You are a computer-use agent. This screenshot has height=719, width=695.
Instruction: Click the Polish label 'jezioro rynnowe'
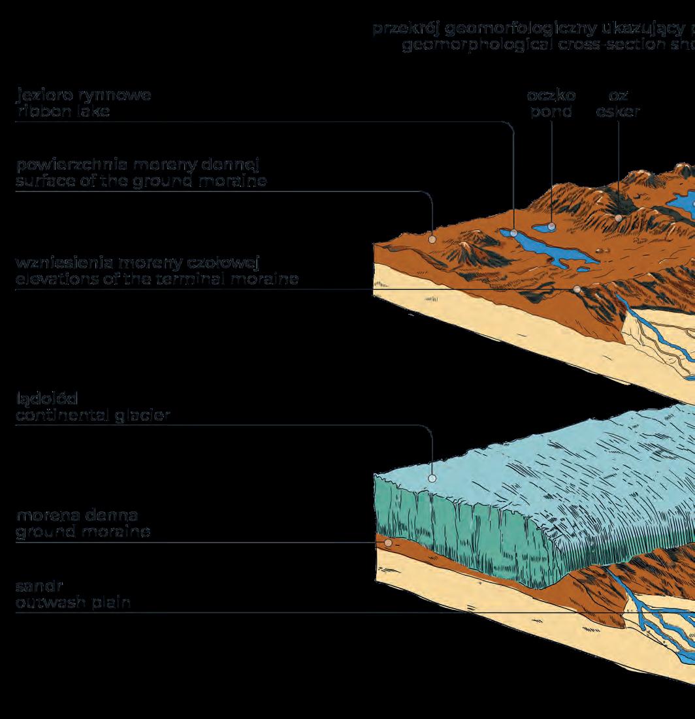[84, 95]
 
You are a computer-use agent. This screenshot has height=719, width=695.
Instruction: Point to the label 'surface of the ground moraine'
[141, 182]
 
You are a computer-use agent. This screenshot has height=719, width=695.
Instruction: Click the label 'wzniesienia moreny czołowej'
[138, 263]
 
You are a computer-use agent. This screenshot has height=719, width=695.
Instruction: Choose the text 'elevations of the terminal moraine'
[157, 280]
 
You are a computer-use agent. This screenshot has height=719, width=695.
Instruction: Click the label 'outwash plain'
[73, 602]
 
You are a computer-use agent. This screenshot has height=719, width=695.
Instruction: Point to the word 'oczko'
[551, 95]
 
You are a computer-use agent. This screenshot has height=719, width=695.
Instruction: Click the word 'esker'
[618, 112]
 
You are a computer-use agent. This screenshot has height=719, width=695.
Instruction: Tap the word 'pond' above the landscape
[551, 112]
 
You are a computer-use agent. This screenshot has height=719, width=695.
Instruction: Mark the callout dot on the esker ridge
[619, 218]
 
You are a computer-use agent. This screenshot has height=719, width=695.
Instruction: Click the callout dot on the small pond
[552, 227]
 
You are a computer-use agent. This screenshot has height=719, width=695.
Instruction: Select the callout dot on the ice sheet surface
[432, 478]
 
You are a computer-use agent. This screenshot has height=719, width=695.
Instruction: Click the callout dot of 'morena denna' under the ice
[388, 542]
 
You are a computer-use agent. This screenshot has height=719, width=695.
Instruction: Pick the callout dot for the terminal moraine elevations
[577, 289]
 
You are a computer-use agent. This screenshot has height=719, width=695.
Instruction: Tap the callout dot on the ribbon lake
[515, 232]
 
